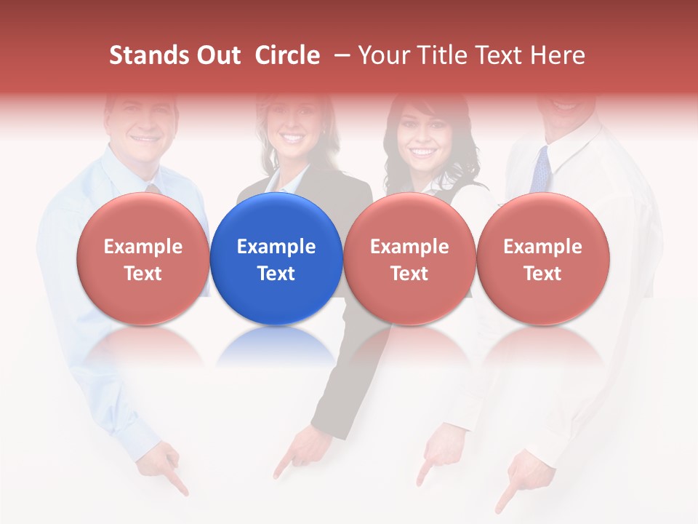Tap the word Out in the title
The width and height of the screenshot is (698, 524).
pyautogui.click(x=216, y=55)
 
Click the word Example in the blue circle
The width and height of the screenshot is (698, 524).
pyautogui.click(x=276, y=247)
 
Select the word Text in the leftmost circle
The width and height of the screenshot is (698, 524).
pyautogui.click(x=143, y=274)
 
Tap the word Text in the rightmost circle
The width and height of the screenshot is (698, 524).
pyautogui.click(x=542, y=274)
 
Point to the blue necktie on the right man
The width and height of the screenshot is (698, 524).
pyautogui.click(x=540, y=170)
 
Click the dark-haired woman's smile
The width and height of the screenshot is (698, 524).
pyautogui.click(x=422, y=153)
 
